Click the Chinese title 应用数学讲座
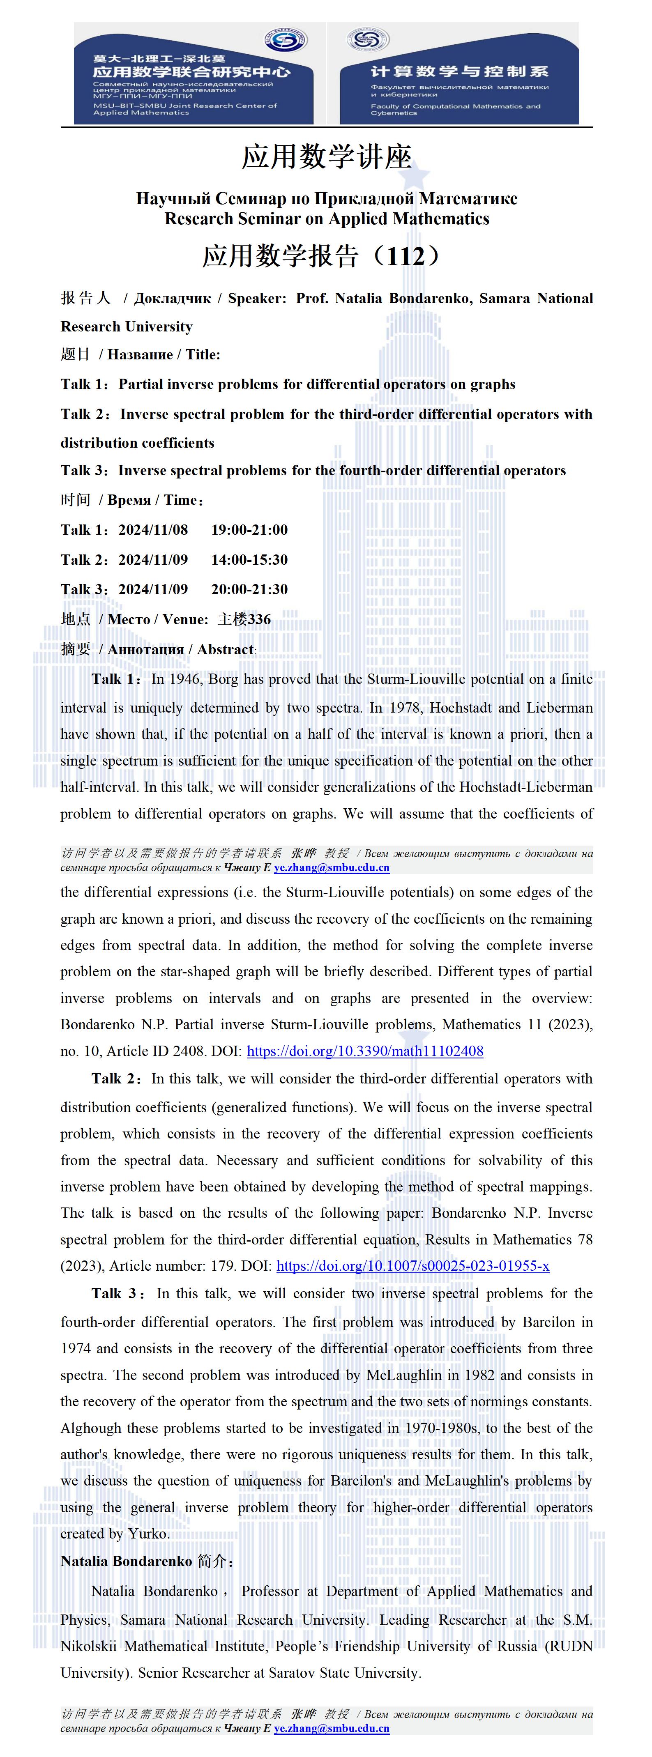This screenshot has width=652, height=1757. click(326, 157)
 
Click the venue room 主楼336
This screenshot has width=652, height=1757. click(244, 619)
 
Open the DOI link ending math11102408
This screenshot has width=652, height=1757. click(365, 1051)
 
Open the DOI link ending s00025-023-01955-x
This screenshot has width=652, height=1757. click(412, 1266)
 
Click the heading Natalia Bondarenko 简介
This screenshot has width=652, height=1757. click(147, 1561)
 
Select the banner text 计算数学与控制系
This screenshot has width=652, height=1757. click(459, 71)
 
